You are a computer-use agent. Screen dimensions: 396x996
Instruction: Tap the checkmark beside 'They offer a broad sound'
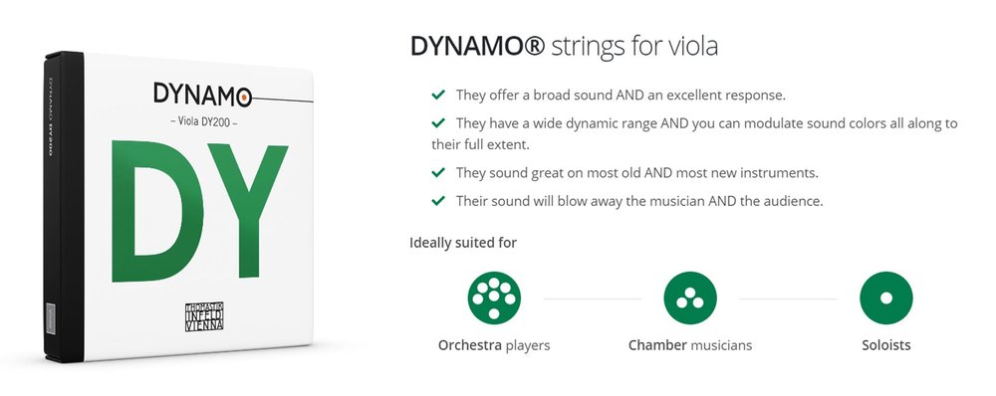[x=436, y=95]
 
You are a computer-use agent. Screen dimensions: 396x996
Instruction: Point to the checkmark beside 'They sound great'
[x=436, y=172]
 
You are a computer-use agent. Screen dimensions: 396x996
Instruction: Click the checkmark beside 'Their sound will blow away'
[x=436, y=200]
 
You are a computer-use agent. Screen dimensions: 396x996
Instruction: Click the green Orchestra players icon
[x=494, y=297]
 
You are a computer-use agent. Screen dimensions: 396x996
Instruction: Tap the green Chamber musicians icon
[x=690, y=297]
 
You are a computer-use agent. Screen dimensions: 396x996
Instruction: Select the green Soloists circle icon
[x=886, y=297]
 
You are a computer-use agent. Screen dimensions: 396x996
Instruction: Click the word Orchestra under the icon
[x=469, y=346]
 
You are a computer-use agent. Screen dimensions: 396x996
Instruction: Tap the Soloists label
[x=886, y=346]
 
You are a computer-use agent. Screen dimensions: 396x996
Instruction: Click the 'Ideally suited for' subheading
[x=463, y=242]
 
